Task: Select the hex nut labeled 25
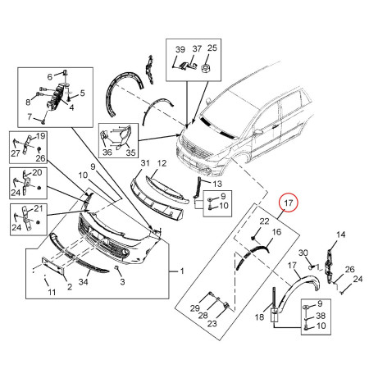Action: (209, 70)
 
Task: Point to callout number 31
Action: (145, 165)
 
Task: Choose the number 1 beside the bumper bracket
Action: (182, 271)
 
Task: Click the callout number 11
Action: (49, 293)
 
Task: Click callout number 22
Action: (263, 222)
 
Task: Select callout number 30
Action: (303, 253)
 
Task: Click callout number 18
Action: (261, 317)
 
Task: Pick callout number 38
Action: (319, 316)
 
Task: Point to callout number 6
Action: (48, 75)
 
